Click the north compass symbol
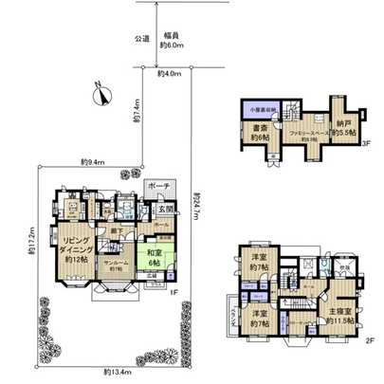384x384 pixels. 101,91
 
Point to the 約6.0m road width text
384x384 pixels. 170,45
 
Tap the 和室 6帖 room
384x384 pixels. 154,257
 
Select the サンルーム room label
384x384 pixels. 118,265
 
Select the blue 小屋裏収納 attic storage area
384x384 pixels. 262,110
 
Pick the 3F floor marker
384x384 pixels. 364,144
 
